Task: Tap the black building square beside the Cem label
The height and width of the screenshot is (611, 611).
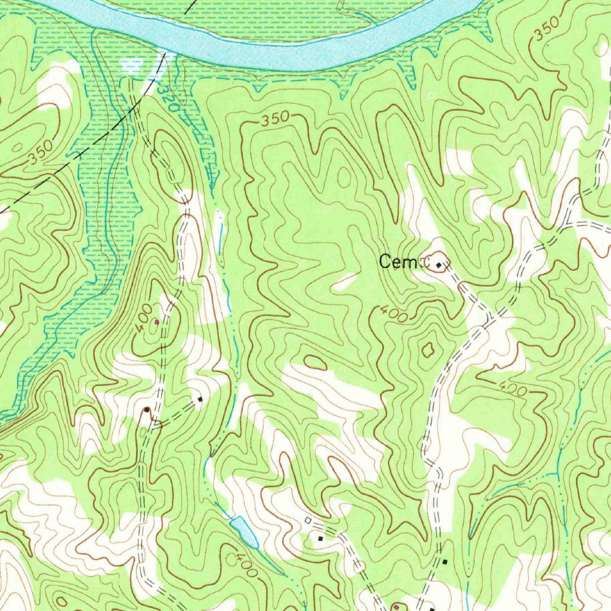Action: click(x=440, y=264)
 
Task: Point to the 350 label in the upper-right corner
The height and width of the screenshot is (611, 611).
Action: click(x=546, y=29)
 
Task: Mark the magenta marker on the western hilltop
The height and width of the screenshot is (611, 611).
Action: click(x=157, y=322)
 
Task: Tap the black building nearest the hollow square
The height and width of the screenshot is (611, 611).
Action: click(x=320, y=538)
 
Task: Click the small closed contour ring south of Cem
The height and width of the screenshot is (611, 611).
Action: click(x=427, y=350)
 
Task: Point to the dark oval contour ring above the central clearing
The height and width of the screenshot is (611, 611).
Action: click(x=315, y=362)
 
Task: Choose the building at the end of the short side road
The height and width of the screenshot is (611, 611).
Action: click(x=200, y=399)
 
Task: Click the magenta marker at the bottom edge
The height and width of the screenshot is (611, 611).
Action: click(x=396, y=606)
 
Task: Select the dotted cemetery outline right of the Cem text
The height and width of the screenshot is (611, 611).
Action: click(x=425, y=261)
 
